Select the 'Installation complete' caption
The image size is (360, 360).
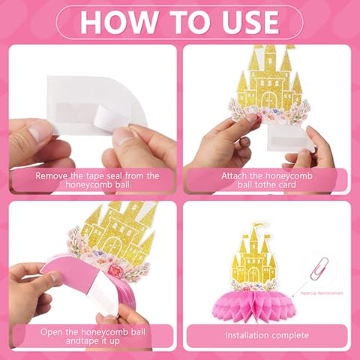click(x=266, y=334)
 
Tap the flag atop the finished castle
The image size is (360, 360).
click(x=259, y=225)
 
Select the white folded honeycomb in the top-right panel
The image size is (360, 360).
click(x=289, y=135)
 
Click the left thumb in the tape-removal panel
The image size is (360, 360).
click(x=34, y=135)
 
